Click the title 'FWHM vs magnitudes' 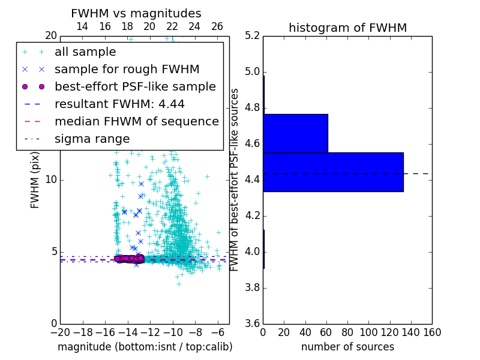coord(136,13)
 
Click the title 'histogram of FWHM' coord(347,28)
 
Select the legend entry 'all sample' coord(85,52)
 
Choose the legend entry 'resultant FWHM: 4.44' coord(119,104)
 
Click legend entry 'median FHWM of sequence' coord(136,122)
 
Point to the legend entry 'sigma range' coord(92,139)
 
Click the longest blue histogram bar coord(333,172)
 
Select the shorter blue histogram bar coord(295,133)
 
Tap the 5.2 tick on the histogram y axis coord(253,36)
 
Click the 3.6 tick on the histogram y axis coord(253,323)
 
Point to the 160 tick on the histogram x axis coord(432,332)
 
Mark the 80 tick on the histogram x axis coord(347,332)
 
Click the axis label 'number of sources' coord(347,347)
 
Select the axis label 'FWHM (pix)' coord(35,179)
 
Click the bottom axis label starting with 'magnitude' coord(145,347)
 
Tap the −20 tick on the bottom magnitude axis coord(60,332)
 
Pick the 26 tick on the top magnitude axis coord(217,26)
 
